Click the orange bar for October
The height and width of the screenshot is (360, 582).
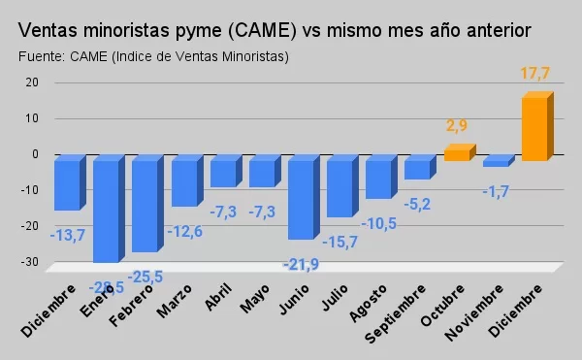click(x=457, y=153)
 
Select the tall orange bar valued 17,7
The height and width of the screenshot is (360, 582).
click(x=534, y=126)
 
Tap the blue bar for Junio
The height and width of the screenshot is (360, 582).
click(x=301, y=198)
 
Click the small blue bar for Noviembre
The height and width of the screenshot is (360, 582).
click(x=496, y=162)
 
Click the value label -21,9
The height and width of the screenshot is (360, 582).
click(x=302, y=265)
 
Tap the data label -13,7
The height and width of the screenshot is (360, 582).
click(x=68, y=235)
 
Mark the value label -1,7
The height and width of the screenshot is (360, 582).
click(x=495, y=193)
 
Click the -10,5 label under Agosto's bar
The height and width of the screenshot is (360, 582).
click(x=378, y=223)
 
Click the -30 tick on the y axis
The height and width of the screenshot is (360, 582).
click(x=30, y=262)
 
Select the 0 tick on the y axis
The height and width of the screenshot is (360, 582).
click(x=36, y=154)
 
